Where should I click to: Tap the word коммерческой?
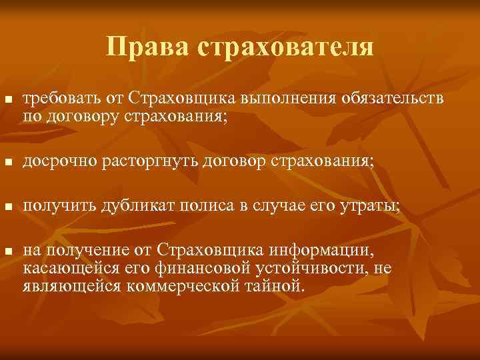177,287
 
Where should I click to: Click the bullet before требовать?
8,99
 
